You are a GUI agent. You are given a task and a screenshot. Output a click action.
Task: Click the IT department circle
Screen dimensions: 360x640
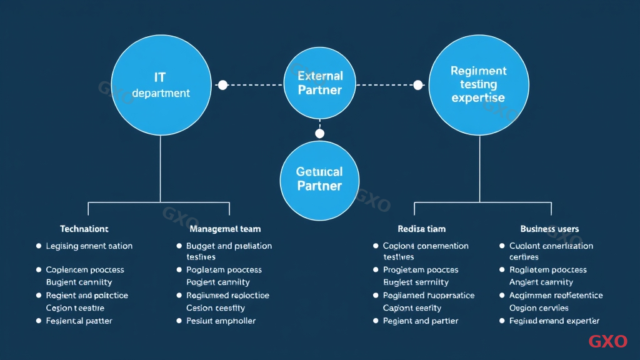pos(161,85)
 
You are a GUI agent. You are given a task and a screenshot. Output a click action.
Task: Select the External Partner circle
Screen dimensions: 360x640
pos(320,83)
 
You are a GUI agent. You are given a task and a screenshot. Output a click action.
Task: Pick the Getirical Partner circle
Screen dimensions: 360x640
pos(319,179)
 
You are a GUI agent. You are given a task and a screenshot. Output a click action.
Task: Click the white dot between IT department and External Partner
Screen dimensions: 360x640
pos(222,85)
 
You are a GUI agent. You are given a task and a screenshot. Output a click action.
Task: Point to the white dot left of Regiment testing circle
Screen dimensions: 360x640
pos(418,85)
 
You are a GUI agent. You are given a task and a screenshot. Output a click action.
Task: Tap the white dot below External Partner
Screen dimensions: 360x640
pos(320,134)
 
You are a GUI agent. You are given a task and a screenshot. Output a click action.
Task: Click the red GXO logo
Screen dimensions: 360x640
pos(607,342)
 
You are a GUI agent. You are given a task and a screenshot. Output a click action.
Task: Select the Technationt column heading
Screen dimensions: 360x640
pos(84,229)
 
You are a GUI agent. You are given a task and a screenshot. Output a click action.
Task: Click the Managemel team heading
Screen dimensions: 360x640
pos(225,229)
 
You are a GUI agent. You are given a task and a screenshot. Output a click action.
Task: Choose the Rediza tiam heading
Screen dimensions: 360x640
pos(422,229)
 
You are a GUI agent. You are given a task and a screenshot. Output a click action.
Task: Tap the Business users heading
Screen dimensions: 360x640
pos(549,229)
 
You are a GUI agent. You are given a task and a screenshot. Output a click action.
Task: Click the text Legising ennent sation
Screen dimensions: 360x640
pos(89,246)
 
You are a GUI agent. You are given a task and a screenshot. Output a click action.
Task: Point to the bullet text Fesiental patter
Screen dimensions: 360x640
pos(79,321)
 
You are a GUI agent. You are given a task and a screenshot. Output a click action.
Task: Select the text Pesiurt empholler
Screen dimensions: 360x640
pos(221,321)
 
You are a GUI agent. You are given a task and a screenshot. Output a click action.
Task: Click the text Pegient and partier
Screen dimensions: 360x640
pos(421,321)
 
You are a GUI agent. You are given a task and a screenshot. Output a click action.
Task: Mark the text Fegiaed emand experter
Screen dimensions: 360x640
pos(554,321)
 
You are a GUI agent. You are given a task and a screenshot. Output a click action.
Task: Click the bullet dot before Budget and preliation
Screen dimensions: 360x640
pos(179,246)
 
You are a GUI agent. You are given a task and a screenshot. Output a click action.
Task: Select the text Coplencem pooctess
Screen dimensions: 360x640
pos(85,270)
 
